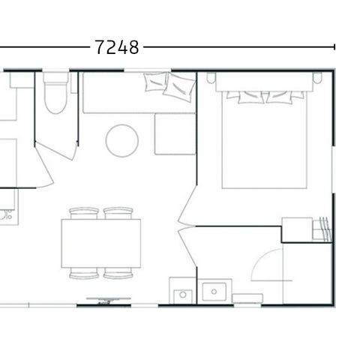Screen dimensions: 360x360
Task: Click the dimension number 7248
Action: click(x=118, y=47)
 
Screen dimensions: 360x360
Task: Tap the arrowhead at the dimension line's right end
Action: click(x=332, y=47)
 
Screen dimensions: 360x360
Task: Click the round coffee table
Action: click(x=121, y=139)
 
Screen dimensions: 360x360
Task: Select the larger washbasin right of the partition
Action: click(x=216, y=291)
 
